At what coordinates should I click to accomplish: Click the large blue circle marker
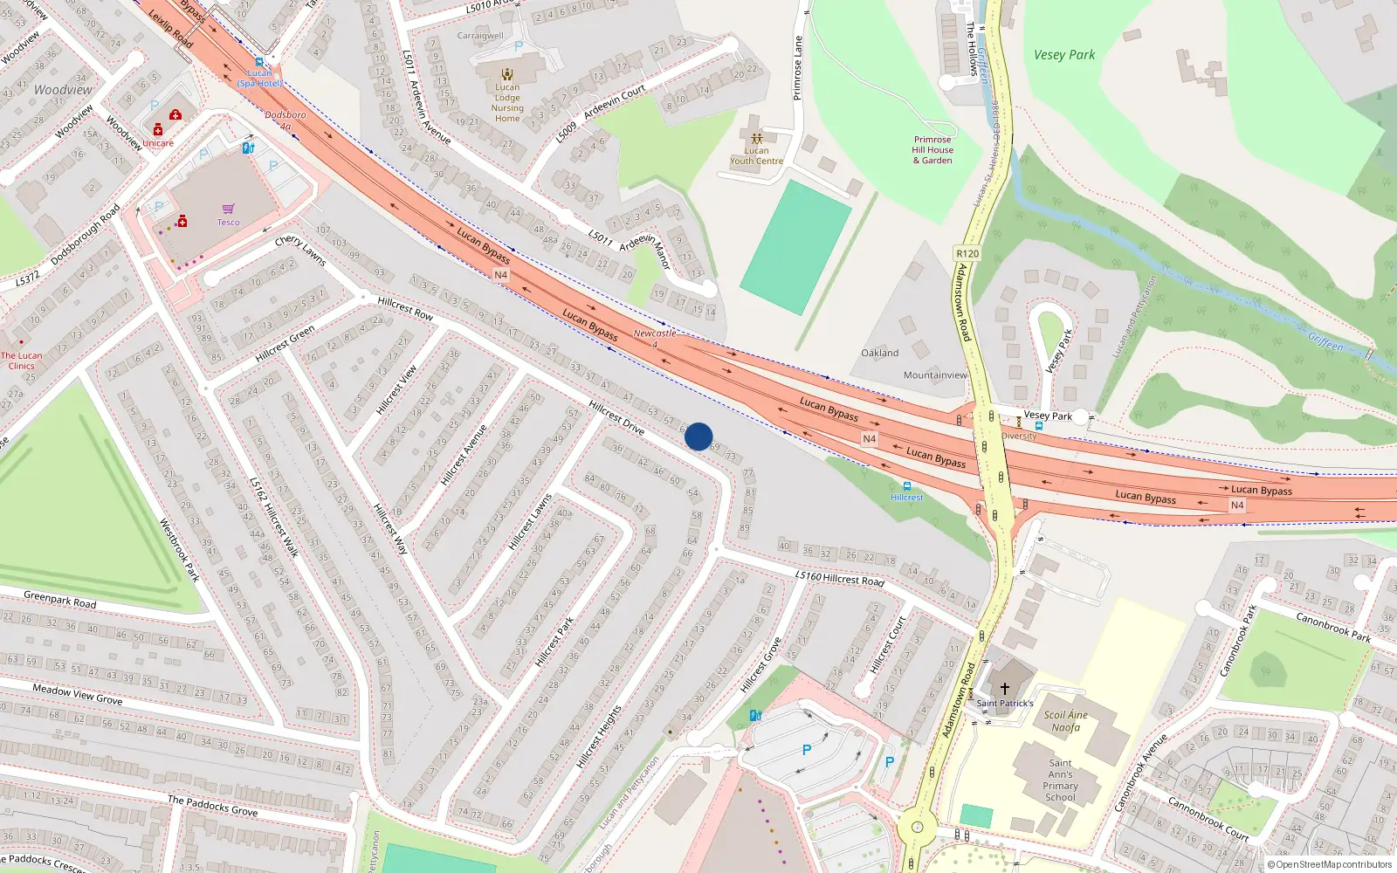tap(698, 436)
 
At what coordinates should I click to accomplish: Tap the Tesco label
tap(228, 222)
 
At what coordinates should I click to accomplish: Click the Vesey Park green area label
tap(1063, 54)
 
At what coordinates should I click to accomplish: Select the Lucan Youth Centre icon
tap(756, 138)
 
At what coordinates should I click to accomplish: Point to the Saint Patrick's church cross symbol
tap(1004, 689)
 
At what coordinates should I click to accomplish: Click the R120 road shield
tap(967, 253)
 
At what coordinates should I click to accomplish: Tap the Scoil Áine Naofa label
tap(1065, 720)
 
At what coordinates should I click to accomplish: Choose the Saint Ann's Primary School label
tap(1060, 780)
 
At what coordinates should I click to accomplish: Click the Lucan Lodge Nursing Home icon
tap(507, 74)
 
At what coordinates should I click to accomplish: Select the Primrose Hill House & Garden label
tap(932, 149)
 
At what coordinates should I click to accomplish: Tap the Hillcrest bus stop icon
tap(907, 486)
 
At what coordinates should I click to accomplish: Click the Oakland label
tap(879, 353)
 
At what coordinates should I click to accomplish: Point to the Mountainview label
tap(935, 375)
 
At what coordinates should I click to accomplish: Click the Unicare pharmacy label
tap(158, 143)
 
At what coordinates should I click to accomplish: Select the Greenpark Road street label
tap(60, 600)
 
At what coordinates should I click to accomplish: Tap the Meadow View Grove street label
tap(78, 694)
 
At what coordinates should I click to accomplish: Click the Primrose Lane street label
tap(797, 68)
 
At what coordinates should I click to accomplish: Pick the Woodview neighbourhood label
tap(63, 90)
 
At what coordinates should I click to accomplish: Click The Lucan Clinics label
tap(21, 361)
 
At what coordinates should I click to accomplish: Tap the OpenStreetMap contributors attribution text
tap(1330, 864)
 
